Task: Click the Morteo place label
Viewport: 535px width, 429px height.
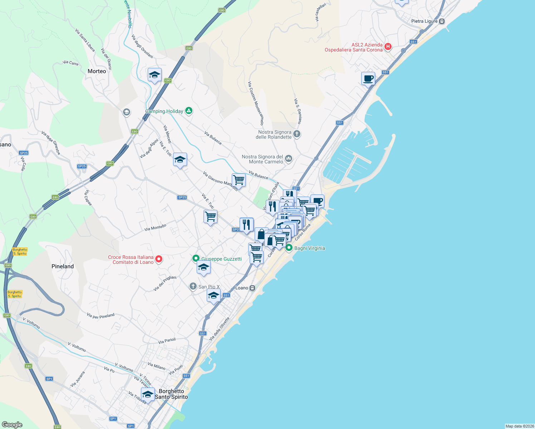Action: tap(97, 71)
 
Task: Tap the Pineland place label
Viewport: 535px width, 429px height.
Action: tap(63, 266)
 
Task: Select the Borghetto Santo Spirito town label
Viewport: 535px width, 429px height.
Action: tap(171, 394)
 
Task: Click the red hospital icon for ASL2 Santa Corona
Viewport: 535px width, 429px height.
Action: tap(388, 46)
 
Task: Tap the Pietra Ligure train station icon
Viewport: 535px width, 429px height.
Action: tap(442, 21)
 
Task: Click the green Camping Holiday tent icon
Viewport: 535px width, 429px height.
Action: tap(189, 111)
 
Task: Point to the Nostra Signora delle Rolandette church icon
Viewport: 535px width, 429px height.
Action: tap(297, 134)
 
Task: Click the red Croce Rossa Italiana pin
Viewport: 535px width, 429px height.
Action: tap(159, 259)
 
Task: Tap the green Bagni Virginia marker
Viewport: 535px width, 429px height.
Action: tap(289, 248)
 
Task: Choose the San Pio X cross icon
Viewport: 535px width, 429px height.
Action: tap(193, 286)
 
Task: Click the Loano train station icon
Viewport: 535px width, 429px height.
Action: tap(252, 288)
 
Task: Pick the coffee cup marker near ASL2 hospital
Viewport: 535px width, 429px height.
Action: tap(368, 79)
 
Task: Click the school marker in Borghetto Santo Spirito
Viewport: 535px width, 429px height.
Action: tap(147, 394)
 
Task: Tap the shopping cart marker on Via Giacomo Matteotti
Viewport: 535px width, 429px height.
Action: tap(239, 180)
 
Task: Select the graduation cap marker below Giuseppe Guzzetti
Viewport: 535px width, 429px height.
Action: tap(203, 267)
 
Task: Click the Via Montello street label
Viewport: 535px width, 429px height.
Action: tap(155, 227)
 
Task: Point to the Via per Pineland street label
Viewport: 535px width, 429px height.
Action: tap(100, 316)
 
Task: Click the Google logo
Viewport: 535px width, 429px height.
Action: tap(12, 424)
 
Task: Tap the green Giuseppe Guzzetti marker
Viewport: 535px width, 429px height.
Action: tap(196, 258)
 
